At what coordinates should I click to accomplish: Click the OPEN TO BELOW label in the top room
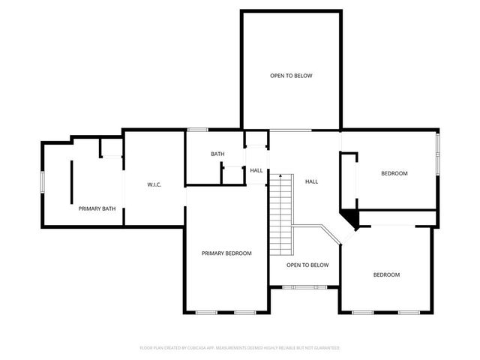pyautogui.click(x=291, y=76)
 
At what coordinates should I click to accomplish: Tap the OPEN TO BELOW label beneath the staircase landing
pyautogui.click(x=307, y=265)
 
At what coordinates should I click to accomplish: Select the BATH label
pyautogui.click(x=217, y=154)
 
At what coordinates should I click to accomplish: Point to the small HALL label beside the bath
pyautogui.click(x=256, y=170)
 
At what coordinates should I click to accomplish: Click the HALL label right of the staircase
pyautogui.click(x=311, y=181)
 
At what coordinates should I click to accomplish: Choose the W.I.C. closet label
pyautogui.click(x=154, y=184)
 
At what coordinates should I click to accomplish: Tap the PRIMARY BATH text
pyautogui.click(x=97, y=208)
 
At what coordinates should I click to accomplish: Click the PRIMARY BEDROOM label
pyautogui.click(x=226, y=253)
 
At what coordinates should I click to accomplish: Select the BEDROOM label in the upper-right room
pyautogui.click(x=394, y=173)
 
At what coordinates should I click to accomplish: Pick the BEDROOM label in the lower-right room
pyautogui.click(x=387, y=274)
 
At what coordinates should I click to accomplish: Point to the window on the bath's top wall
pyautogui.click(x=197, y=130)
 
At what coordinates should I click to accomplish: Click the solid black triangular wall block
pyautogui.click(x=350, y=217)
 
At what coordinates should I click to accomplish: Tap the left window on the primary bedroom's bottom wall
pyautogui.click(x=206, y=312)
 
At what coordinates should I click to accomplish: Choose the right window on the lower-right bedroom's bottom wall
pyautogui.click(x=409, y=312)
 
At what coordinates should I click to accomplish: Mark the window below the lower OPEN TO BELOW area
pyautogui.click(x=304, y=286)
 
